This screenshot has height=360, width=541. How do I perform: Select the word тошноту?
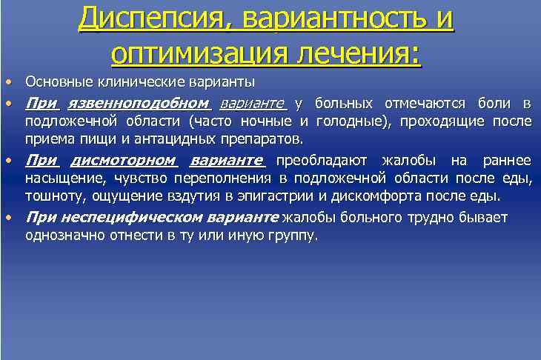51,197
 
